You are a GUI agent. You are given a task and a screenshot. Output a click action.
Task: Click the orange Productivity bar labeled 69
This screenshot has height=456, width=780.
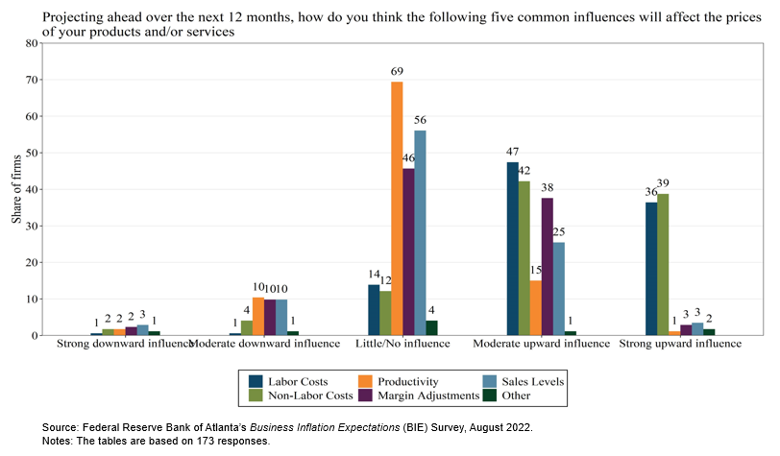(x=397, y=208)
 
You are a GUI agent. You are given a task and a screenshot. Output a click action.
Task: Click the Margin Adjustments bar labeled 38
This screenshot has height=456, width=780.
(x=548, y=266)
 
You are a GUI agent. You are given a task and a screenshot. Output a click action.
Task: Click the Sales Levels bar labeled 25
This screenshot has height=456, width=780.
(x=559, y=289)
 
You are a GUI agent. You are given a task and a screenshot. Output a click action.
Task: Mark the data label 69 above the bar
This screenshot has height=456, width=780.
(x=396, y=72)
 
